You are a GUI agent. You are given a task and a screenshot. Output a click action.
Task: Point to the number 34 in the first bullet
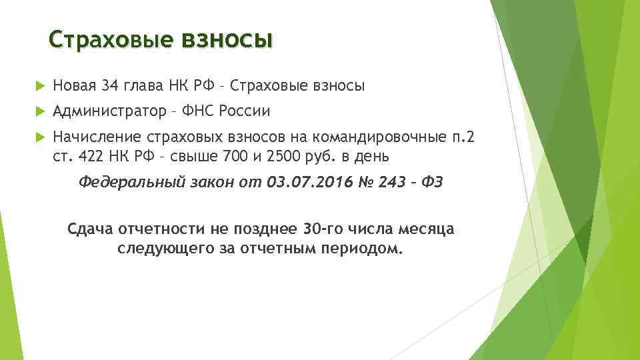(x=111, y=85)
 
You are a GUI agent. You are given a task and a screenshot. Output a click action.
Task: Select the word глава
(x=148, y=85)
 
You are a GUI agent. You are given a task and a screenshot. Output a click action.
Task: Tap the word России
(x=248, y=111)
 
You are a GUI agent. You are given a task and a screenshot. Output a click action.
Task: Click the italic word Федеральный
(x=131, y=182)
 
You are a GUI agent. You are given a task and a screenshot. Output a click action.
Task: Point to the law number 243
(x=391, y=182)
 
